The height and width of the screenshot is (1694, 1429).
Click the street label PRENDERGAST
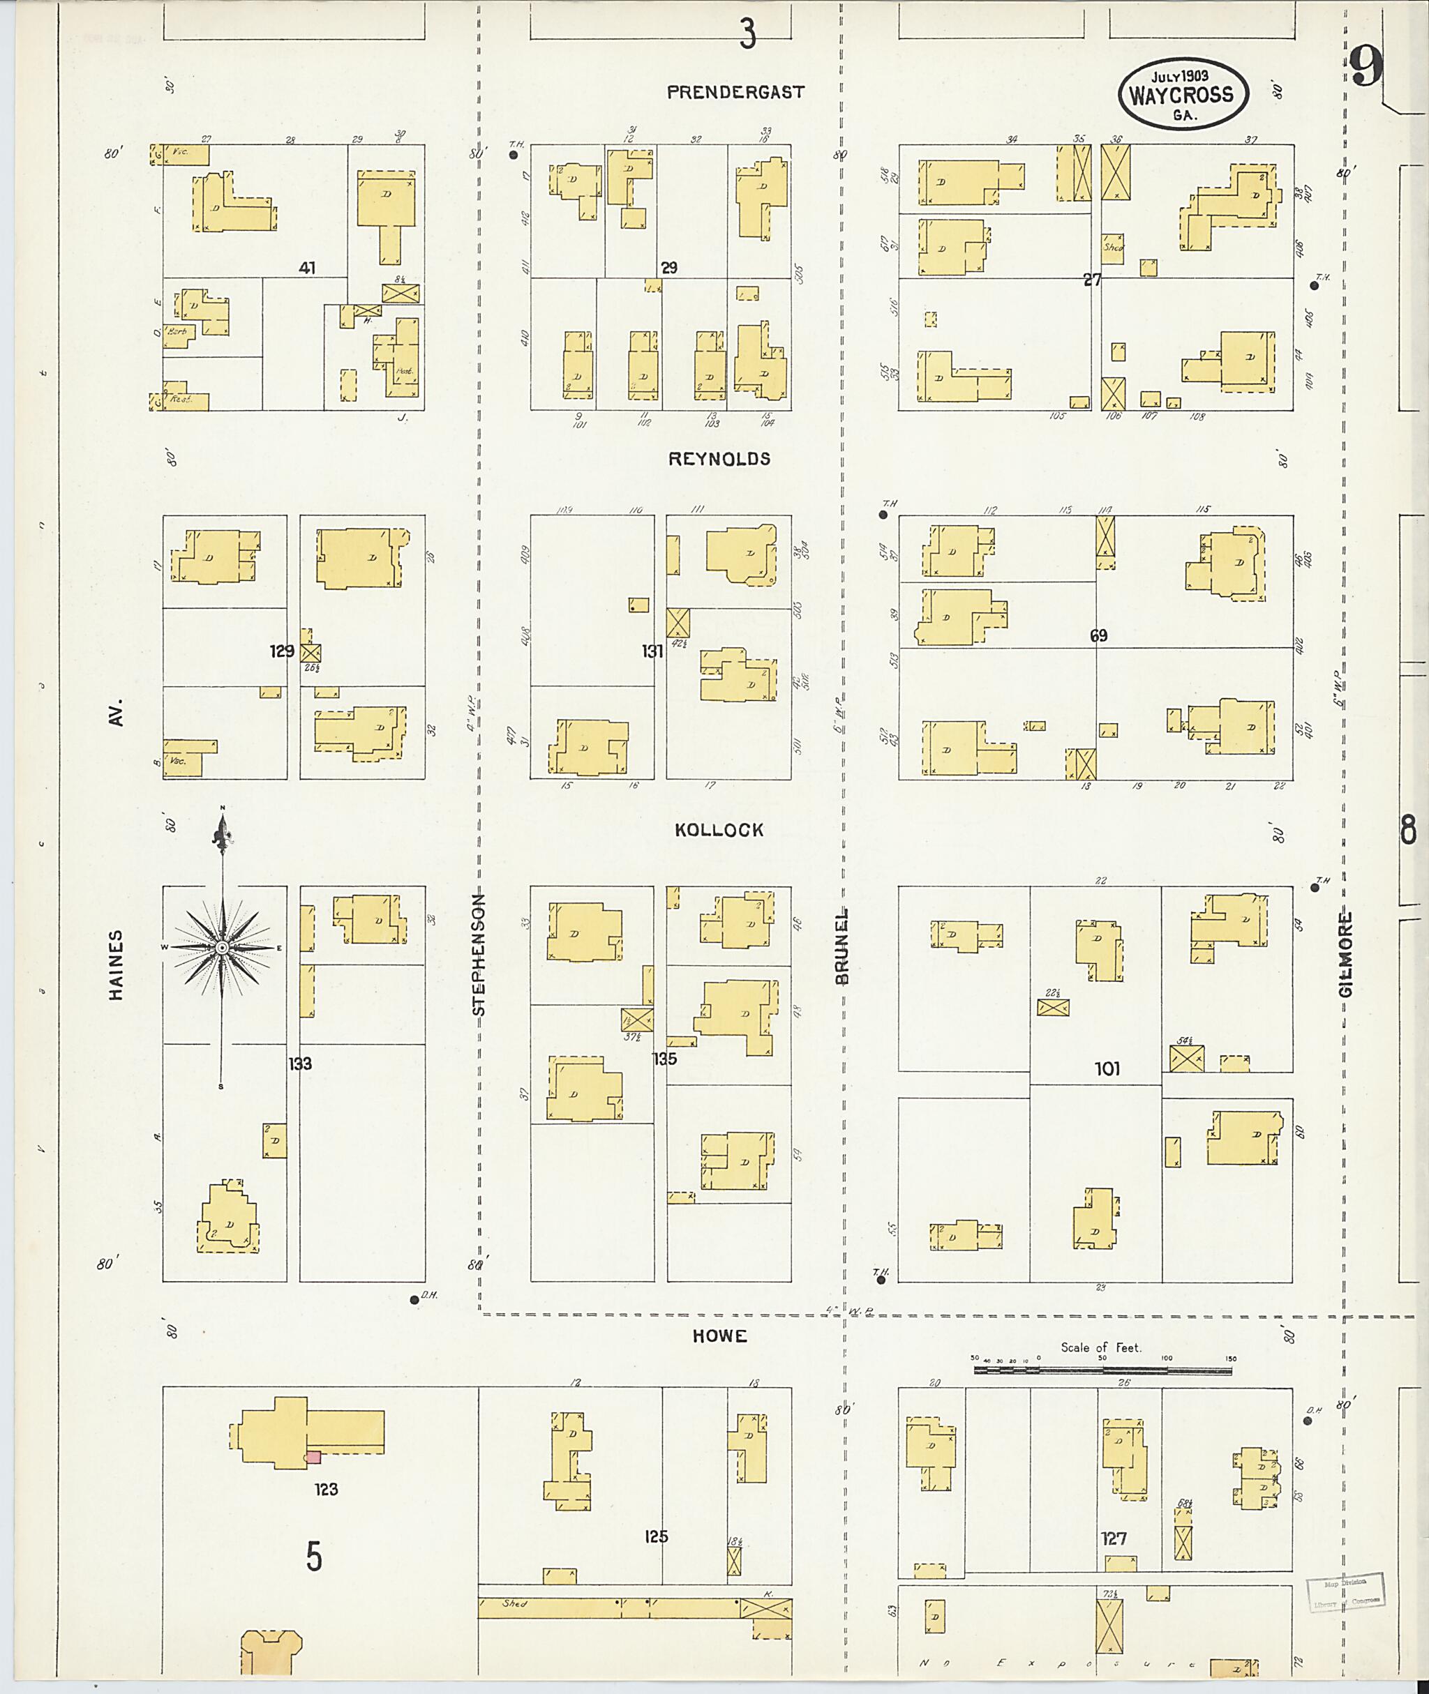pyautogui.click(x=735, y=92)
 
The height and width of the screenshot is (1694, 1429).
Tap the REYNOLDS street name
pyautogui.click(x=719, y=459)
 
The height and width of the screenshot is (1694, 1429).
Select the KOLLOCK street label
pyautogui.click(x=719, y=830)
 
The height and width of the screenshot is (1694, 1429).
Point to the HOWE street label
pyautogui.click(x=719, y=1336)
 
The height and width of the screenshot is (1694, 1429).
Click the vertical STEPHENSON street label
pyautogui.click(x=479, y=954)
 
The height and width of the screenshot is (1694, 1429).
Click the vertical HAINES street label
pyautogui.click(x=117, y=965)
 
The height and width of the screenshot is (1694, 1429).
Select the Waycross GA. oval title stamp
pyautogui.click(x=1183, y=93)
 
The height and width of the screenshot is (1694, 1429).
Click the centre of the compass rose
pyautogui.click(x=222, y=946)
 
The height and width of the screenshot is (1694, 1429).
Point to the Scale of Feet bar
pyautogui.click(x=1102, y=1371)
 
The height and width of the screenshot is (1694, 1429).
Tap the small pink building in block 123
pyautogui.click(x=313, y=1458)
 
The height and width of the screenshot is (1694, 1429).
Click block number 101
pyautogui.click(x=1107, y=1069)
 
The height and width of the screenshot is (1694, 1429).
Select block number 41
pyautogui.click(x=306, y=268)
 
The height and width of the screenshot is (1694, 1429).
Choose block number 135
pyautogui.click(x=664, y=1059)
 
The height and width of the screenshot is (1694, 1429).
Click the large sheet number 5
pyautogui.click(x=314, y=1557)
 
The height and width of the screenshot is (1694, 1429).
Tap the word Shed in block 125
pyautogui.click(x=514, y=1603)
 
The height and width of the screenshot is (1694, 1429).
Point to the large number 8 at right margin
pyautogui.click(x=1408, y=831)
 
